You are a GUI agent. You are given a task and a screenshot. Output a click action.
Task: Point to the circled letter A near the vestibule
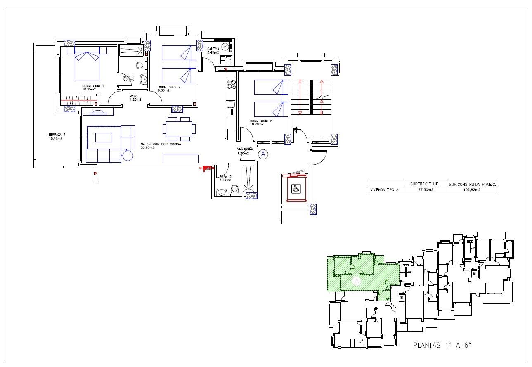pyautogui.click(x=263, y=154)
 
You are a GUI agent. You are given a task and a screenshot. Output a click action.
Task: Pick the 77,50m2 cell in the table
pyautogui.click(x=425, y=190)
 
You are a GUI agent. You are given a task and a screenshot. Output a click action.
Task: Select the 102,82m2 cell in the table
pyautogui.click(x=472, y=190)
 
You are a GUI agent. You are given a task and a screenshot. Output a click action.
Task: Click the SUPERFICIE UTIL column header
pyautogui.click(x=425, y=184)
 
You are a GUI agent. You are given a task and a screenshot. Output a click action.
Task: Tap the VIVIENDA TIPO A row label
pyautogui.click(x=385, y=190)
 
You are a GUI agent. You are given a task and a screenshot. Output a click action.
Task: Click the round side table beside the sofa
pyautogui.click(x=128, y=155)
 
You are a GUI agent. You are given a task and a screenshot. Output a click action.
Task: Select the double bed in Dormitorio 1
pyautogui.click(x=87, y=64)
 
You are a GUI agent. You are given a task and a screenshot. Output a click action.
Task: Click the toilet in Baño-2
pyautogui.click(x=235, y=189)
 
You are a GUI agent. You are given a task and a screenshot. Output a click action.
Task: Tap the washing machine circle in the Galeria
pyautogui.click(x=225, y=47)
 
